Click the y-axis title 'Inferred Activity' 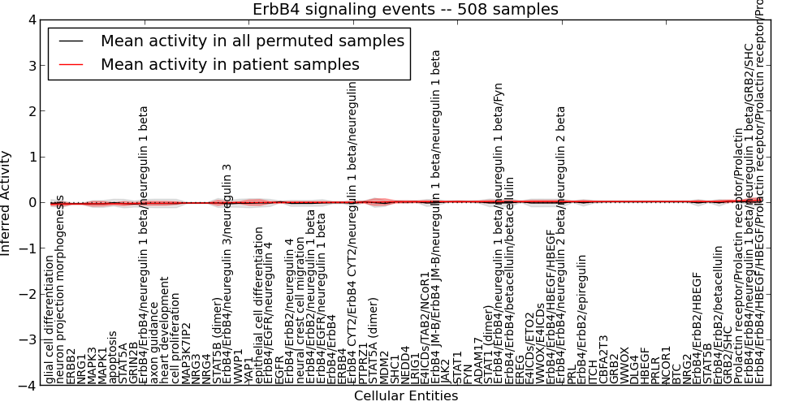click(7, 203)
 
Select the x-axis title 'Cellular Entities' click(406, 396)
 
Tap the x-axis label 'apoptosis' click(113, 356)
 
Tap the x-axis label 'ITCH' click(592, 369)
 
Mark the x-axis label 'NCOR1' click(666, 364)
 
